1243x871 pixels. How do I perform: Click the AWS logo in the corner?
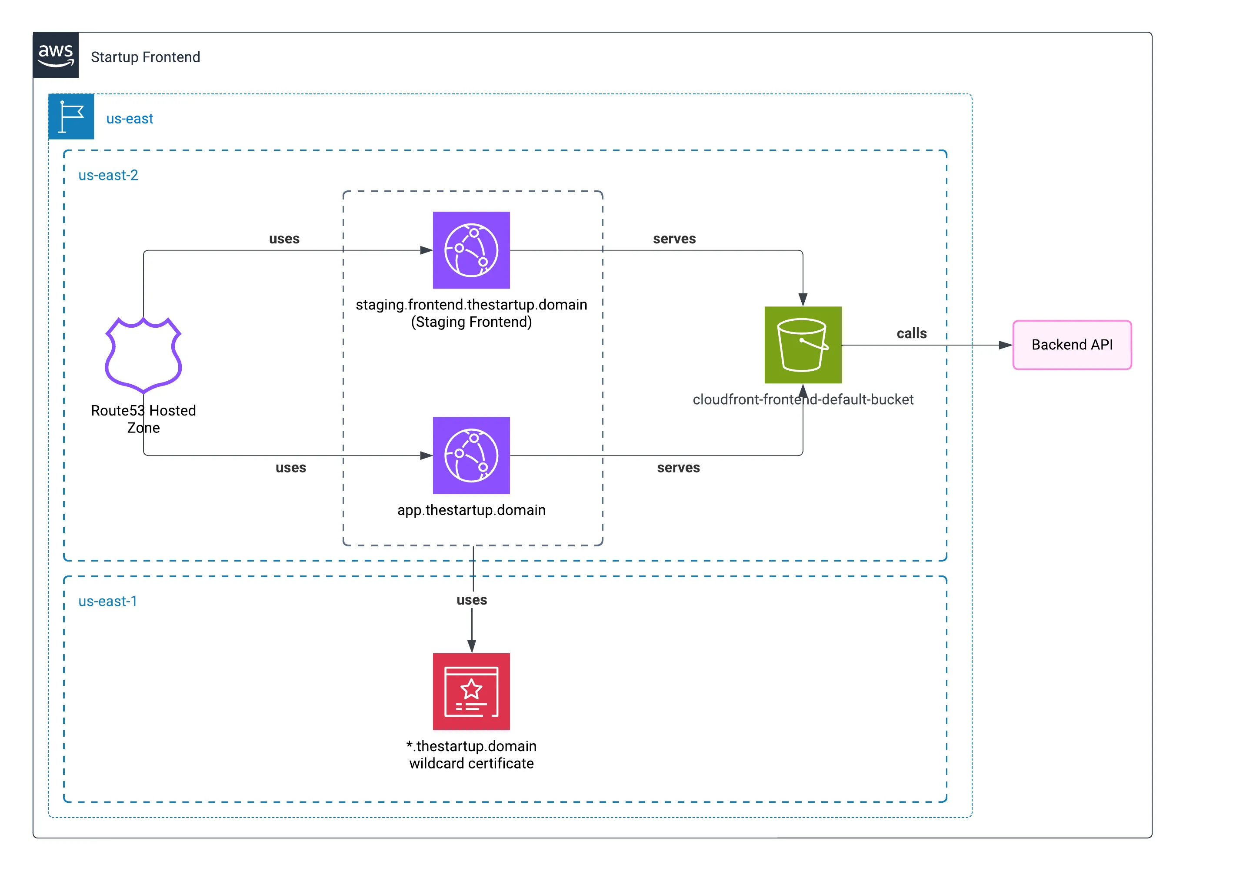click(x=56, y=55)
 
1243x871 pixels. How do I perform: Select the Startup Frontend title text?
click(x=145, y=57)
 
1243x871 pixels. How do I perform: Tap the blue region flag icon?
click(x=71, y=116)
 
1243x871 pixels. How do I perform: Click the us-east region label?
click(x=130, y=119)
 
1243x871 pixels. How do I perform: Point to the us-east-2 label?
click(x=108, y=176)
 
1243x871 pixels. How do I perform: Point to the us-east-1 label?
click(x=108, y=602)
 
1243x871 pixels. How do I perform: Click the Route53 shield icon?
click(x=143, y=355)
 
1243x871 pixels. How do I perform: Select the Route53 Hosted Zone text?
click(x=143, y=419)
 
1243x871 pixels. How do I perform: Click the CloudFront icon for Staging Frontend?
click(x=471, y=250)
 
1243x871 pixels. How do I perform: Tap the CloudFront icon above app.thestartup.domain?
click(x=471, y=455)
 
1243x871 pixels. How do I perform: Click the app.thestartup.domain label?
click(x=471, y=510)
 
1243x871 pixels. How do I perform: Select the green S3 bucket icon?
click(x=803, y=345)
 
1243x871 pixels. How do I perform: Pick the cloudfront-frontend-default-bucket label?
click(x=803, y=399)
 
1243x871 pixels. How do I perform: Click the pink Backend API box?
click(x=1072, y=345)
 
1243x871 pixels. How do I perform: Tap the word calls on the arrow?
click(x=912, y=333)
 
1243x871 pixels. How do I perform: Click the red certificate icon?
click(x=471, y=691)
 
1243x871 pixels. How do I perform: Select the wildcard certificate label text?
click(x=471, y=755)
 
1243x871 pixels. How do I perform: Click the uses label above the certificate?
click(x=472, y=600)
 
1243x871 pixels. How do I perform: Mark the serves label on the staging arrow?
click(x=674, y=239)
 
